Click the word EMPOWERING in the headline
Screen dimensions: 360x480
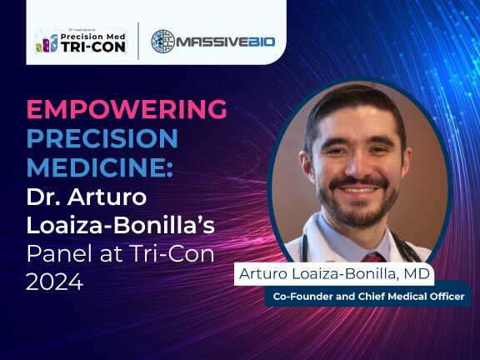127,109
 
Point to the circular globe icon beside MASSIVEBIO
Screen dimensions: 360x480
163,40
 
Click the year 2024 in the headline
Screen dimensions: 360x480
54,282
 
